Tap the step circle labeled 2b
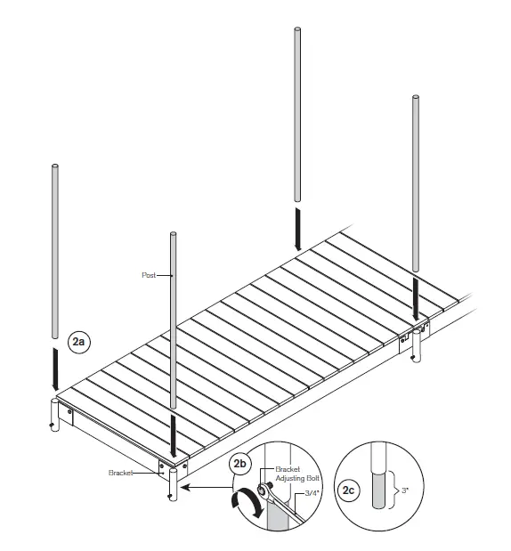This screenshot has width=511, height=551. [240, 463]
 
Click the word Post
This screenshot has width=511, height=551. [149, 275]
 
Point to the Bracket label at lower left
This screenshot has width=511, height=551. [121, 473]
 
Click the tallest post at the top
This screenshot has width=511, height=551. [297, 116]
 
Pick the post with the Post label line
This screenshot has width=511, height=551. [173, 320]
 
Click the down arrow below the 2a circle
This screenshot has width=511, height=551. [55, 369]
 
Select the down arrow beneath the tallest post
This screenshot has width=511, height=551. [298, 229]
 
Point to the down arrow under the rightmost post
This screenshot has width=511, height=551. [417, 299]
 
